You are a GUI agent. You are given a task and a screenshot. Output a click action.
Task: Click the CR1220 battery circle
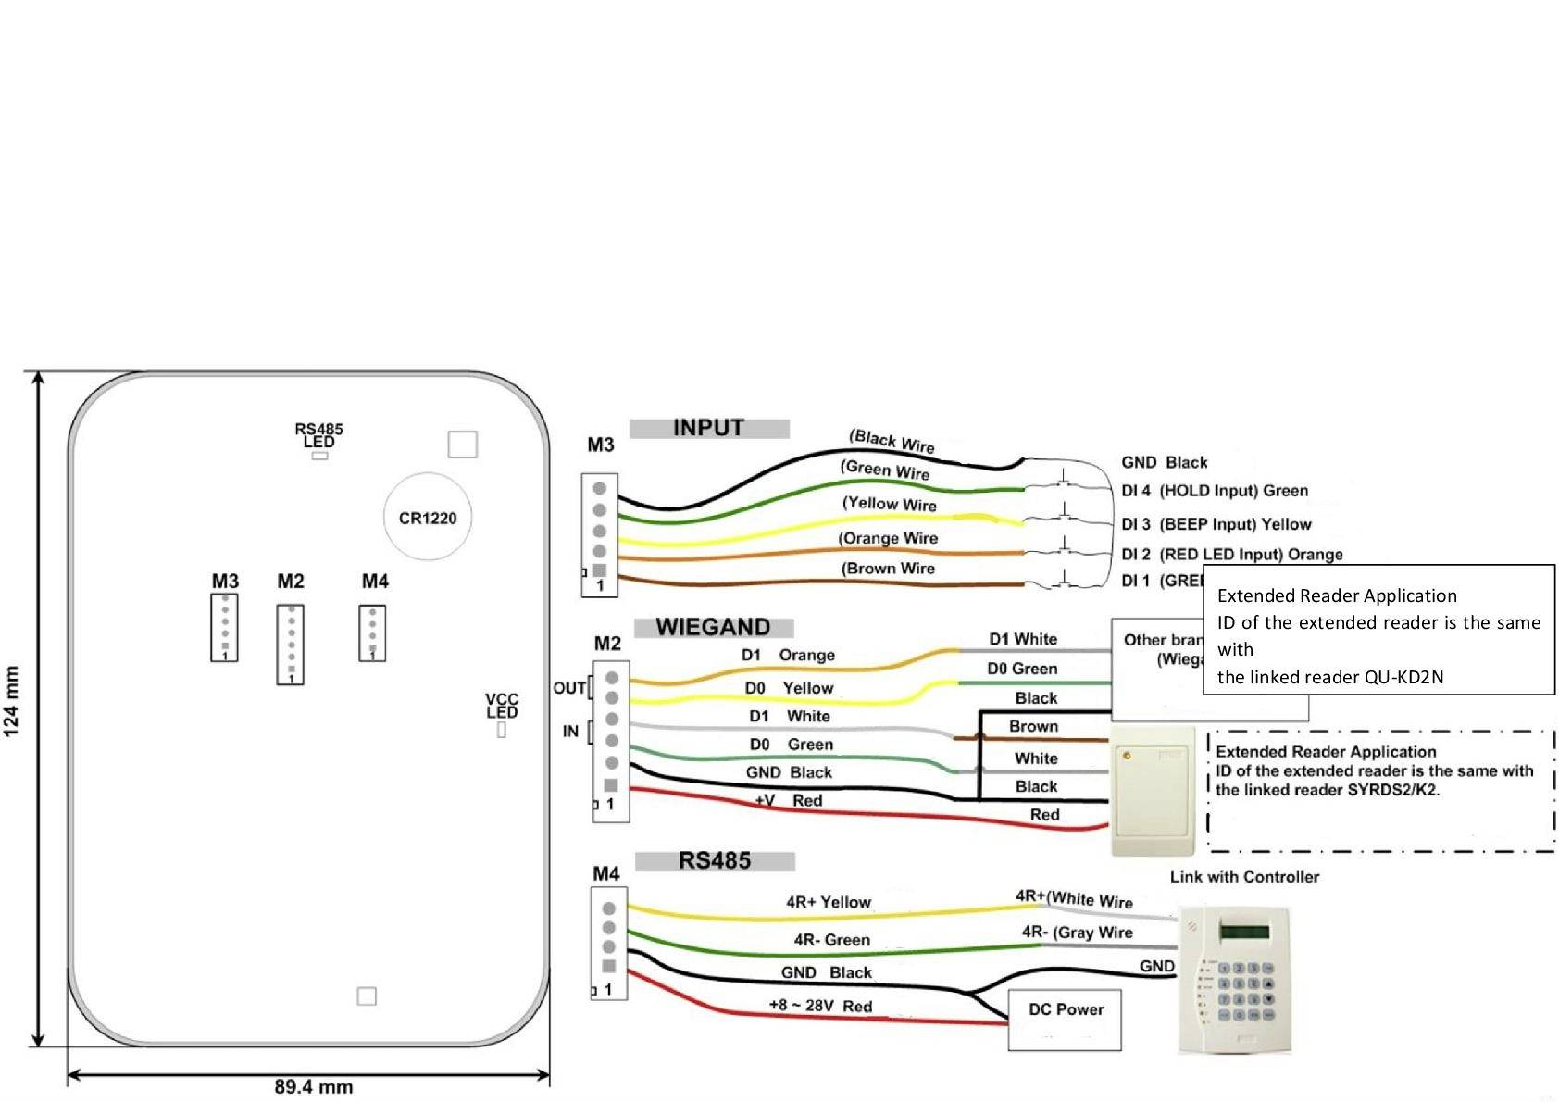coord(427,517)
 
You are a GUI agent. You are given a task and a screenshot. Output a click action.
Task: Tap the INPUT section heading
coord(708,428)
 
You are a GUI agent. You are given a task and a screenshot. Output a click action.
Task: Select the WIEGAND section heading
coord(713,627)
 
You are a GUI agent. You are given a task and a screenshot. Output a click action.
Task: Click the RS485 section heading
coord(714,860)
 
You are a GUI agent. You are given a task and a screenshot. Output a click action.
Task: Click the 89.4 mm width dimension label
coord(313,1086)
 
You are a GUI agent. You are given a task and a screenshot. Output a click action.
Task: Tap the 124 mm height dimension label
coord(12,701)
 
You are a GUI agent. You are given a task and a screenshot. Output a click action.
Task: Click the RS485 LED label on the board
coord(318,435)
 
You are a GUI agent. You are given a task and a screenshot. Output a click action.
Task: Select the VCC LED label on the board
coord(502,706)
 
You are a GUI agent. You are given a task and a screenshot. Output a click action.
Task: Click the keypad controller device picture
coord(1234,980)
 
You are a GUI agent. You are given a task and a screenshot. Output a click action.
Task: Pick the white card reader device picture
coord(1153,790)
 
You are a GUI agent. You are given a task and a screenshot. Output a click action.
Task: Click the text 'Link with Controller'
coord(1244,876)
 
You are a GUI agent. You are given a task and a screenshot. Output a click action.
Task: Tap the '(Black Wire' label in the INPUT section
coord(892,441)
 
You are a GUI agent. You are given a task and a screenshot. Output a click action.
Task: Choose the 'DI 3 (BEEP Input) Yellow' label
coord(1216,524)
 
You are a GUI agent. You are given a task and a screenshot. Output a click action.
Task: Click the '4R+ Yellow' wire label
coord(828,902)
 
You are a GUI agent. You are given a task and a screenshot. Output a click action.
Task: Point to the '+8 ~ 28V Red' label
coord(819,1006)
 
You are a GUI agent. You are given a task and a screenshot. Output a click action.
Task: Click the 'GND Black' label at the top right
coord(1164,462)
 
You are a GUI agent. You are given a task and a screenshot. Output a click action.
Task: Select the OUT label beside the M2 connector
coord(568,688)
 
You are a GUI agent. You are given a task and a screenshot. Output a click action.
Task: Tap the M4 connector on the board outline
coord(372,632)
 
